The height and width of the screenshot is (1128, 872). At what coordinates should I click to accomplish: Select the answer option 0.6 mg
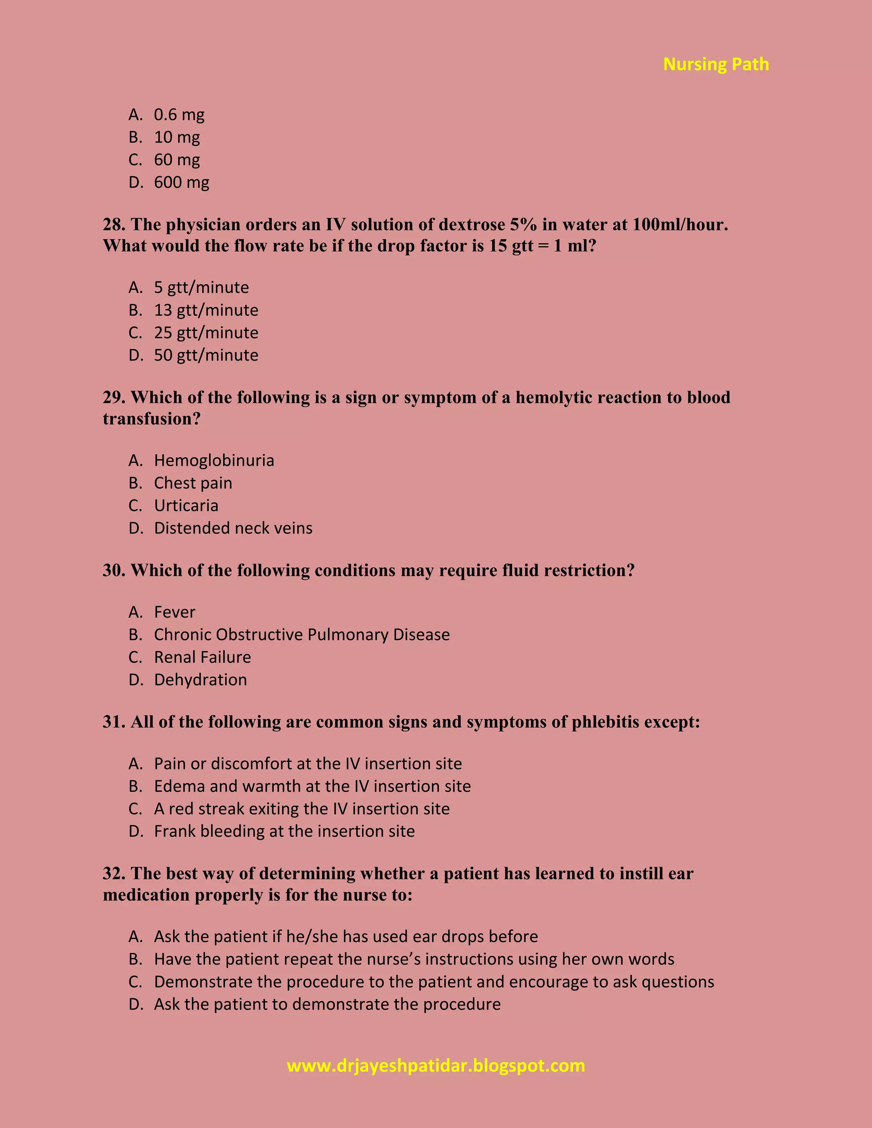tap(179, 115)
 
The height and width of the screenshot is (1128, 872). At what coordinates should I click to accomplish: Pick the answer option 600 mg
tap(181, 182)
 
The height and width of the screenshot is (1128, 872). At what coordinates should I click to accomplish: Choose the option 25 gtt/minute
tap(206, 332)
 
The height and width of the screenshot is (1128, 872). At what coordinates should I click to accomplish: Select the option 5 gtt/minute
tap(201, 288)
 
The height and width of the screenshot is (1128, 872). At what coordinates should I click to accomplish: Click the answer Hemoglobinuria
tap(214, 461)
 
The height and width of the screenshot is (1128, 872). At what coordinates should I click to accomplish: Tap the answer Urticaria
tap(186, 506)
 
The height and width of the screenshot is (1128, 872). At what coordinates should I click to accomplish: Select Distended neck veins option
tap(233, 528)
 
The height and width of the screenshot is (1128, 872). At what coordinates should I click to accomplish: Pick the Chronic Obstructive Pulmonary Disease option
tap(302, 635)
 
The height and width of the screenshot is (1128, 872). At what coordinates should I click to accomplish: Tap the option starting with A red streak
tap(302, 809)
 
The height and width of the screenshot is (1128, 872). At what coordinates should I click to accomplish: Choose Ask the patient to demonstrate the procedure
tap(327, 1005)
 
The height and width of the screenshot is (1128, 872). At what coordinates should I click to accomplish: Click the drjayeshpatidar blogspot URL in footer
tap(436, 1065)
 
